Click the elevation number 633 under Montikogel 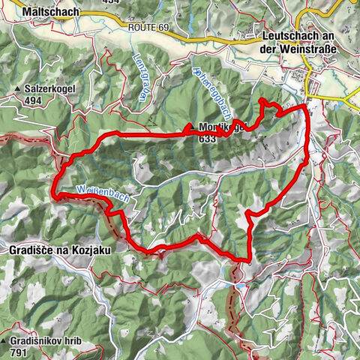207,138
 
